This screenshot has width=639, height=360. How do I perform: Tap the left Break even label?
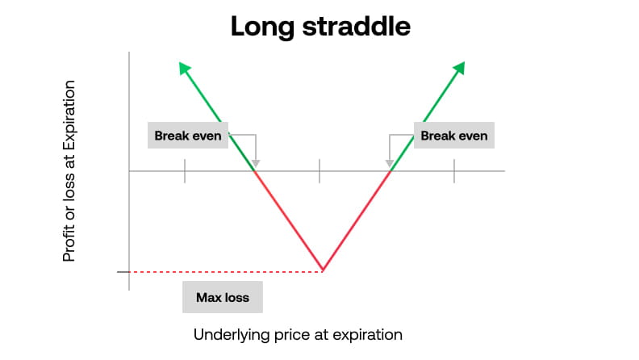click(189, 136)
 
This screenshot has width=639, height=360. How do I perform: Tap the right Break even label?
click(454, 136)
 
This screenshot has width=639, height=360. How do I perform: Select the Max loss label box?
click(223, 297)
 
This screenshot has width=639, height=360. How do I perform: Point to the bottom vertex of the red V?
click(323, 270)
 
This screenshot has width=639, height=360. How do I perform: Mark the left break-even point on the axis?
click(255, 171)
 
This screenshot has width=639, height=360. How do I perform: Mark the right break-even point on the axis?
click(390, 171)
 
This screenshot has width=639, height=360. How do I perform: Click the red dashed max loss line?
click(226, 271)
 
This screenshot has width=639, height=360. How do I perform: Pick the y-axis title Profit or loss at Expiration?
click(69, 170)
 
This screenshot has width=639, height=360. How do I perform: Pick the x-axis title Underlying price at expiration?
click(298, 334)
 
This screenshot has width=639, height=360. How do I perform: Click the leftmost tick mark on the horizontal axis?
click(185, 171)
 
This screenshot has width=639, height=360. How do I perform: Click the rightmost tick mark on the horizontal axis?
click(453, 171)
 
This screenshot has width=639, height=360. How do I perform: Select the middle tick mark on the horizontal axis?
click(319, 171)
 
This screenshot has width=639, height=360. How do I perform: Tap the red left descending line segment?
click(289, 220)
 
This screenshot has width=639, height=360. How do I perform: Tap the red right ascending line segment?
click(357, 220)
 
